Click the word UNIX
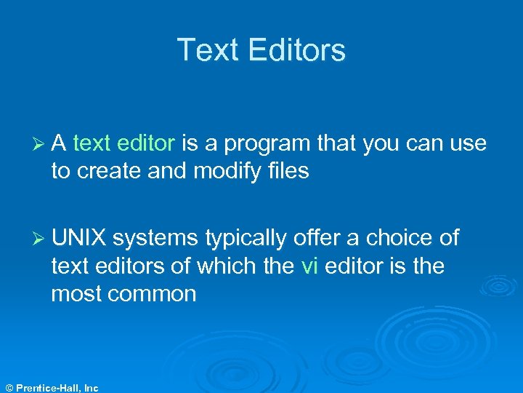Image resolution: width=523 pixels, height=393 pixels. pyautogui.click(x=79, y=238)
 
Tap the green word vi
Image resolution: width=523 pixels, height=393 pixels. pyautogui.click(x=309, y=266)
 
